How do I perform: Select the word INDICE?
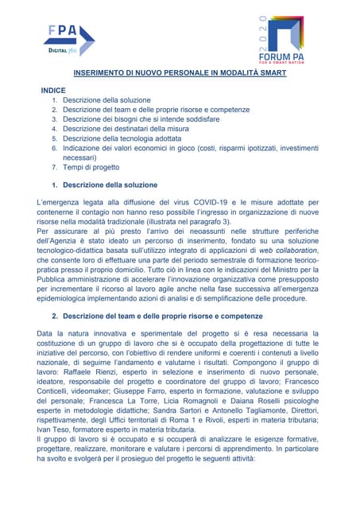point(53,91)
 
